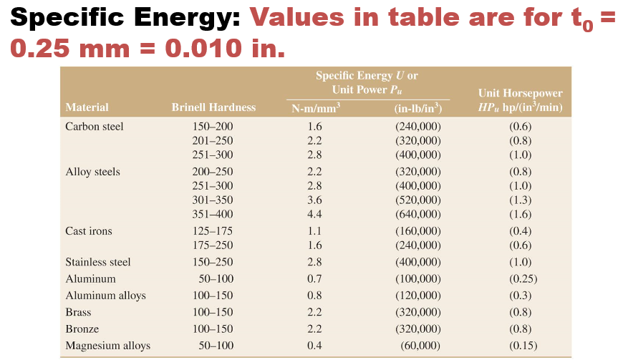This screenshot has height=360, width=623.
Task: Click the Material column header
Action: pyautogui.click(x=87, y=107)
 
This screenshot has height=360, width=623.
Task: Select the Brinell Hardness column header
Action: pyautogui.click(x=213, y=107)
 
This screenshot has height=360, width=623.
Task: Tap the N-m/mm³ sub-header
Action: pyautogui.click(x=315, y=109)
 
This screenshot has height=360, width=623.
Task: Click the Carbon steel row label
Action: pyautogui.click(x=94, y=127)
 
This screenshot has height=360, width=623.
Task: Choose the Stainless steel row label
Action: pyautogui.click(x=97, y=262)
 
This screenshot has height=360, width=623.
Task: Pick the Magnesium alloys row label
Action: pyautogui.click(x=107, y=346)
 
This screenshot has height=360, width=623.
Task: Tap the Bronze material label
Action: pyautogui.click(x=82, y=329)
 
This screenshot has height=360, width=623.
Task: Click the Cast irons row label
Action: pyautogui.click(x=88, y=231)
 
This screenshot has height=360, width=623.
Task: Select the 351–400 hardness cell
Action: pyautogui.click(x=213, y=214)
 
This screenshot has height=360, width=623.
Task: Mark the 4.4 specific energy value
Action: pyautogui.click(x=314, y=214)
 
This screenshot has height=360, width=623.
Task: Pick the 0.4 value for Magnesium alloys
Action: pyautogui.click(x=314, y=346)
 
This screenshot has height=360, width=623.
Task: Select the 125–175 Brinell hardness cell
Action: pyautogui.click(x=213, y=231)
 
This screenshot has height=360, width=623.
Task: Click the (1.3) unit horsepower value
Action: pyautogui.click(x=520, y=200)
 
